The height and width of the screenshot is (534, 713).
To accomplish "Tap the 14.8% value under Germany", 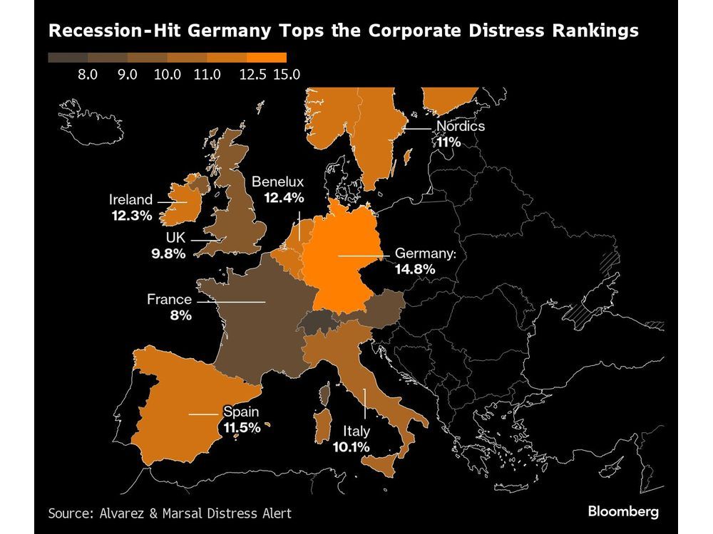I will tap(415, 270).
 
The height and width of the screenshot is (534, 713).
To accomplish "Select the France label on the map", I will tap(169, 300).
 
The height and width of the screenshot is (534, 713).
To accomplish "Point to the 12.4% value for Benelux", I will tap(283, 197).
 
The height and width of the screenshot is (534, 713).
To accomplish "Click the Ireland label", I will tap(130, 200).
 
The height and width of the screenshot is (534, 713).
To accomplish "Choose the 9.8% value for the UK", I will tap(168, 253).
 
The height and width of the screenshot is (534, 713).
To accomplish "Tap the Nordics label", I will tap(460, 127).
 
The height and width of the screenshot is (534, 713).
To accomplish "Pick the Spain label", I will tap(240, 412).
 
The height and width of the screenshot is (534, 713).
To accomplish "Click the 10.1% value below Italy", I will tap(350, 447).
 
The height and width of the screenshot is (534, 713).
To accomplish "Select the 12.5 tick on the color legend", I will tap(252, 73).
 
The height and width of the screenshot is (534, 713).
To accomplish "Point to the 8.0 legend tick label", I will tap(88, 73).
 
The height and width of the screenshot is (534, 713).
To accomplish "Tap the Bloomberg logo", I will tap(622, 511).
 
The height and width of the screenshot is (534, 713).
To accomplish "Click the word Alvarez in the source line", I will tap(120, 513).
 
